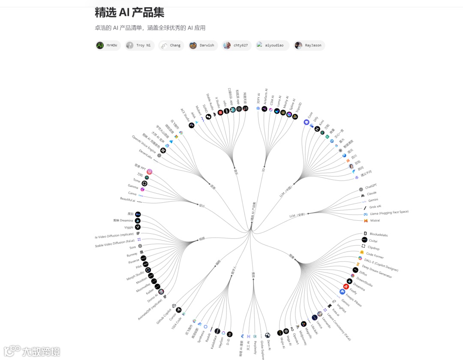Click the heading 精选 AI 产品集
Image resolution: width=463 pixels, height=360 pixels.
(129, 12)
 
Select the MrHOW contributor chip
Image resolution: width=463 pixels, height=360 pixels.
(107, 45)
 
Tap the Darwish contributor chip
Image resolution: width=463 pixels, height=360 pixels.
(203, 45)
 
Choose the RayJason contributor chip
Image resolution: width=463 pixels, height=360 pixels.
(309, 45)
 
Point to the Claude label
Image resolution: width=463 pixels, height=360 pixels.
(371, 193)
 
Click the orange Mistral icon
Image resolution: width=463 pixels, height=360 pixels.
(365, 221)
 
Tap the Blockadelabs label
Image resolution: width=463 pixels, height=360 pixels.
(379, 234)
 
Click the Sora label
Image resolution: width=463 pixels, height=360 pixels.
(132, 248)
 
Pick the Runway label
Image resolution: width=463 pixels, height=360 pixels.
(132, 255)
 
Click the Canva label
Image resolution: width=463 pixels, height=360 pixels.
(132, 193)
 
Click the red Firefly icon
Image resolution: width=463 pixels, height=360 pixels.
(346, 287)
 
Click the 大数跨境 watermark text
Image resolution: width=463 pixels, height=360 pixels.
(41, 352)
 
